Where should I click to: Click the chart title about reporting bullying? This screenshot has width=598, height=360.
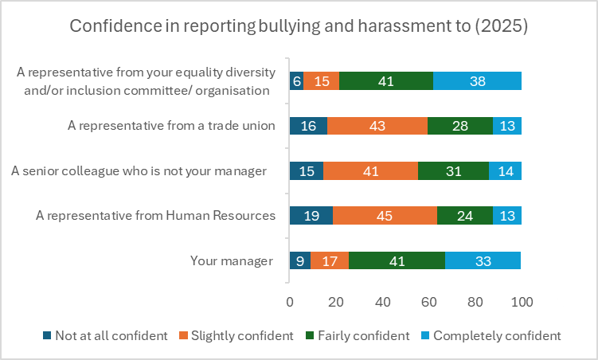click(299, 25)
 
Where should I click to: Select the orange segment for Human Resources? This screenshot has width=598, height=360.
click(385, 216)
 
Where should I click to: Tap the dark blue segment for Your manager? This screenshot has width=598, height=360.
click(299, 260)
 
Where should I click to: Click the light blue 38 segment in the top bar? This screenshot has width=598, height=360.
click(477, 80)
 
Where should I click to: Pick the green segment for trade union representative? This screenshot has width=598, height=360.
click(460, 126)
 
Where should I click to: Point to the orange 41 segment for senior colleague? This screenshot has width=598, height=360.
click(371, 171)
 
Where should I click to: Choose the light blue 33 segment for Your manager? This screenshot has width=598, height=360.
click(483, 260)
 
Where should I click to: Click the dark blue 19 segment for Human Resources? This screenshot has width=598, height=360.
click(311, 216)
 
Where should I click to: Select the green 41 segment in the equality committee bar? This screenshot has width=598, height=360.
click(386, 80)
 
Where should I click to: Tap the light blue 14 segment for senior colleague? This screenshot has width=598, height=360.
click(505, 171)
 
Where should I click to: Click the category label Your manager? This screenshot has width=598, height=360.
click(232, 260)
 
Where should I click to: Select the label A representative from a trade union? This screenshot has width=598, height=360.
click(171, 125)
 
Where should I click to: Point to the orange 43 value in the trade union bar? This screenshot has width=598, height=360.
click(377, 126)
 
